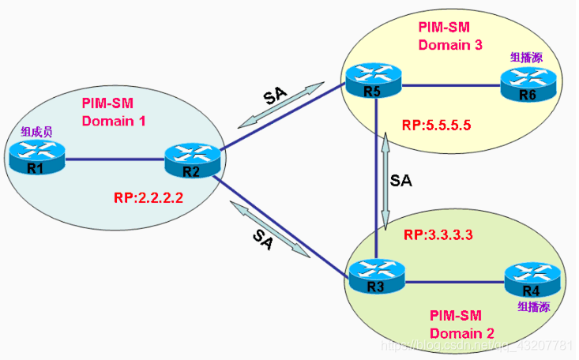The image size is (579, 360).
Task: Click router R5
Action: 373,84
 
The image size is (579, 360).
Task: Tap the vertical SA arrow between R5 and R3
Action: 385,180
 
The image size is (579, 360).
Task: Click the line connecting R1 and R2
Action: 115,161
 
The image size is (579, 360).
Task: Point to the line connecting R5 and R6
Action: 450,84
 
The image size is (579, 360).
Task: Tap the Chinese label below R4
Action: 533,306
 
